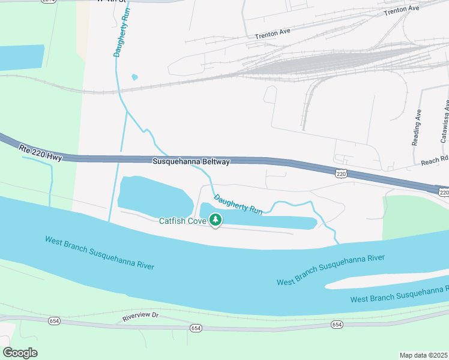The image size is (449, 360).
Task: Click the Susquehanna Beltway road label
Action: click(191, 162)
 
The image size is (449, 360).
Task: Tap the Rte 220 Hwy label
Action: click(40, 152)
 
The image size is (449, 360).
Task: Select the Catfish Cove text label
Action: click(182, 221)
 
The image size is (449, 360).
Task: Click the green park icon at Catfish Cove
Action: click(215, 221)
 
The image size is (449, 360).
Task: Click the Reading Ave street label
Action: click(417, 127)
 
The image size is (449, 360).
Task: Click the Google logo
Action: click(20, 353)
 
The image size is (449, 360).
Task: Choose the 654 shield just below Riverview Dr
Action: click(196, 328)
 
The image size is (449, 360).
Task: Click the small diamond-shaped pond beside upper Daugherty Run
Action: click(134, 77)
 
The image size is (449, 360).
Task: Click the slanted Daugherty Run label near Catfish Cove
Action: click(238, 205)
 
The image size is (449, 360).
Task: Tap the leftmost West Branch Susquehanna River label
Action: click(100, 252)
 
